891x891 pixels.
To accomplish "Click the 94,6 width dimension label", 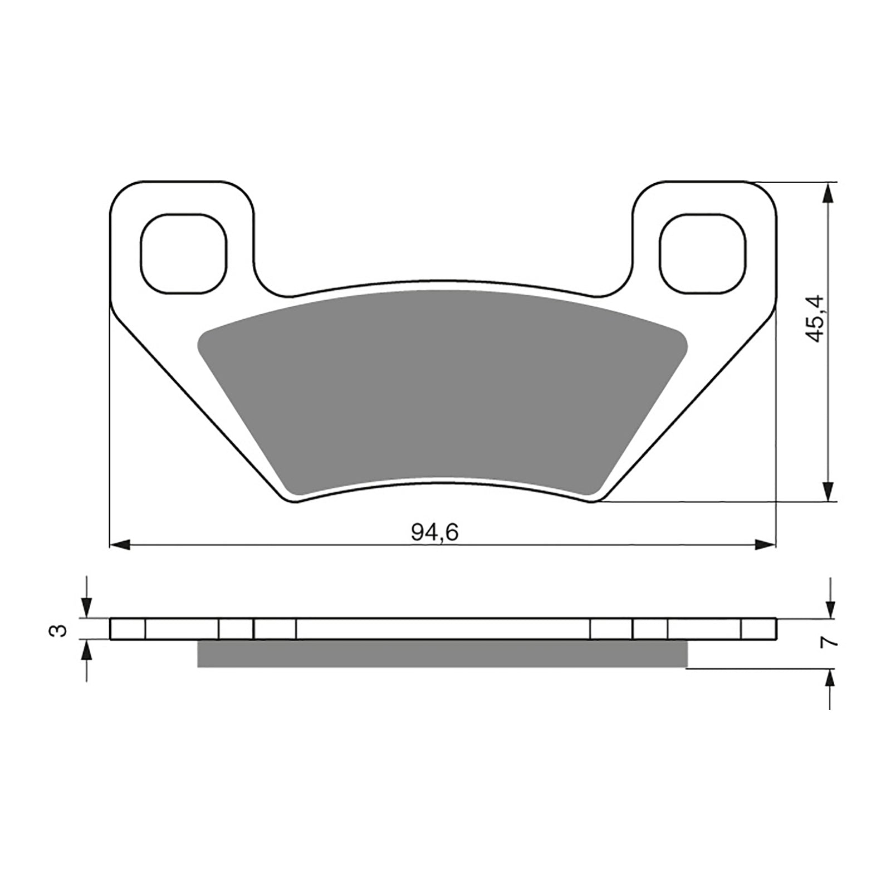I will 434,533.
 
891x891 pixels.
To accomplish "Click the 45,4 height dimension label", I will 817,319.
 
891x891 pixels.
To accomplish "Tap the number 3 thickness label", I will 60,630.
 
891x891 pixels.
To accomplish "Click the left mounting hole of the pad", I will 184,253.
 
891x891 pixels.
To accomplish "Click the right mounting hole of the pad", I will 702,253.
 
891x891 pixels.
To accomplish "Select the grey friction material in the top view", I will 443,390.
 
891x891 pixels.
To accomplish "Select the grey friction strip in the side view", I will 443,653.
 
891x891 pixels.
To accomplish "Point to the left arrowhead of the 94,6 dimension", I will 120,545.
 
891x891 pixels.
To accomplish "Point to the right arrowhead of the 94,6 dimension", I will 765,545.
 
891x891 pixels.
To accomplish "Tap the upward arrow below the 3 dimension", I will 86,651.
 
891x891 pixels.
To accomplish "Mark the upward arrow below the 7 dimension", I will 830,679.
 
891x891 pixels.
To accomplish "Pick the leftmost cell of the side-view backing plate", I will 128,629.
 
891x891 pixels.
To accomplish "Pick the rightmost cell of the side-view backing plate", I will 758,629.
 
